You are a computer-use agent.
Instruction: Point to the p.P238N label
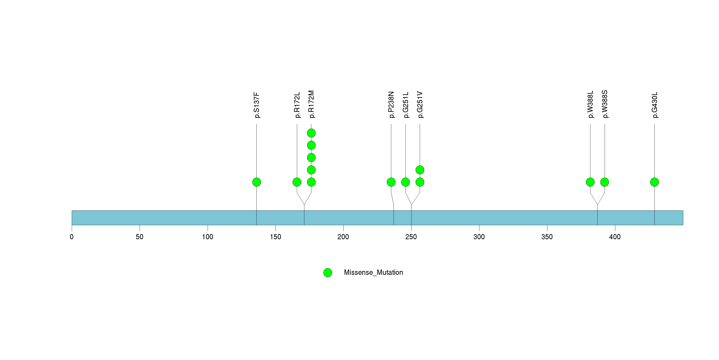391,105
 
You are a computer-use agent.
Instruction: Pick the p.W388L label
590,104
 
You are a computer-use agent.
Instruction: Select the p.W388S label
605,104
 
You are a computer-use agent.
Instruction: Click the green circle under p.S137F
256,182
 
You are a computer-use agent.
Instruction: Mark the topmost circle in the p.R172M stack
311,133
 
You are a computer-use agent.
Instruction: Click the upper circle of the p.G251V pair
420,170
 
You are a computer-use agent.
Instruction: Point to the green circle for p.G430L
654,182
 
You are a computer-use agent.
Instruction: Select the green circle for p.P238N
391,182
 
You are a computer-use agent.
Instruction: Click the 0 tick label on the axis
72,237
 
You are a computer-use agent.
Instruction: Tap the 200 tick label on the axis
343,237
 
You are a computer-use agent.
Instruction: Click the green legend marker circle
328,273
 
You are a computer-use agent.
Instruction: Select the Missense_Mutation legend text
374,272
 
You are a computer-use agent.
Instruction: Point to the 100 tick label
207,237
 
